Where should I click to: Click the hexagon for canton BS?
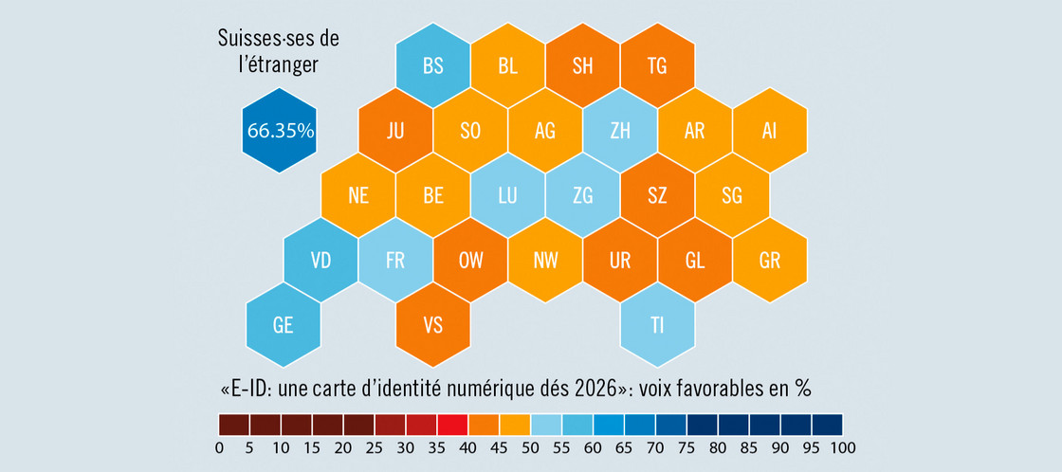(433, 66)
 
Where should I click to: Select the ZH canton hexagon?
(620, 132)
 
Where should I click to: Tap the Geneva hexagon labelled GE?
(283, 325)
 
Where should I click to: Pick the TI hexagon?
(657, 325)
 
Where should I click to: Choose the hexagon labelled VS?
(433, 325)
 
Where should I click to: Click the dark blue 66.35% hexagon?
(280, 131)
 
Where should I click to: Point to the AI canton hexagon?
(769, 132)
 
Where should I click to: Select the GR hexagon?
(769, 261)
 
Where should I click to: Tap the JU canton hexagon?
(395, 132)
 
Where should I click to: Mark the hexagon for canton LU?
(507, 196)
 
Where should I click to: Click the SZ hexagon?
(657, 196)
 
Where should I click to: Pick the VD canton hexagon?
(320, 261)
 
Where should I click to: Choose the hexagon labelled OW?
(470, 261)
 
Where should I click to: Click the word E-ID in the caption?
(252, 390)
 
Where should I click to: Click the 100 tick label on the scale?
(843, 447)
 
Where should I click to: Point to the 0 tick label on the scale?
(219, 447)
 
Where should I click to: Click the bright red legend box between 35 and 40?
(452, 424)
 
